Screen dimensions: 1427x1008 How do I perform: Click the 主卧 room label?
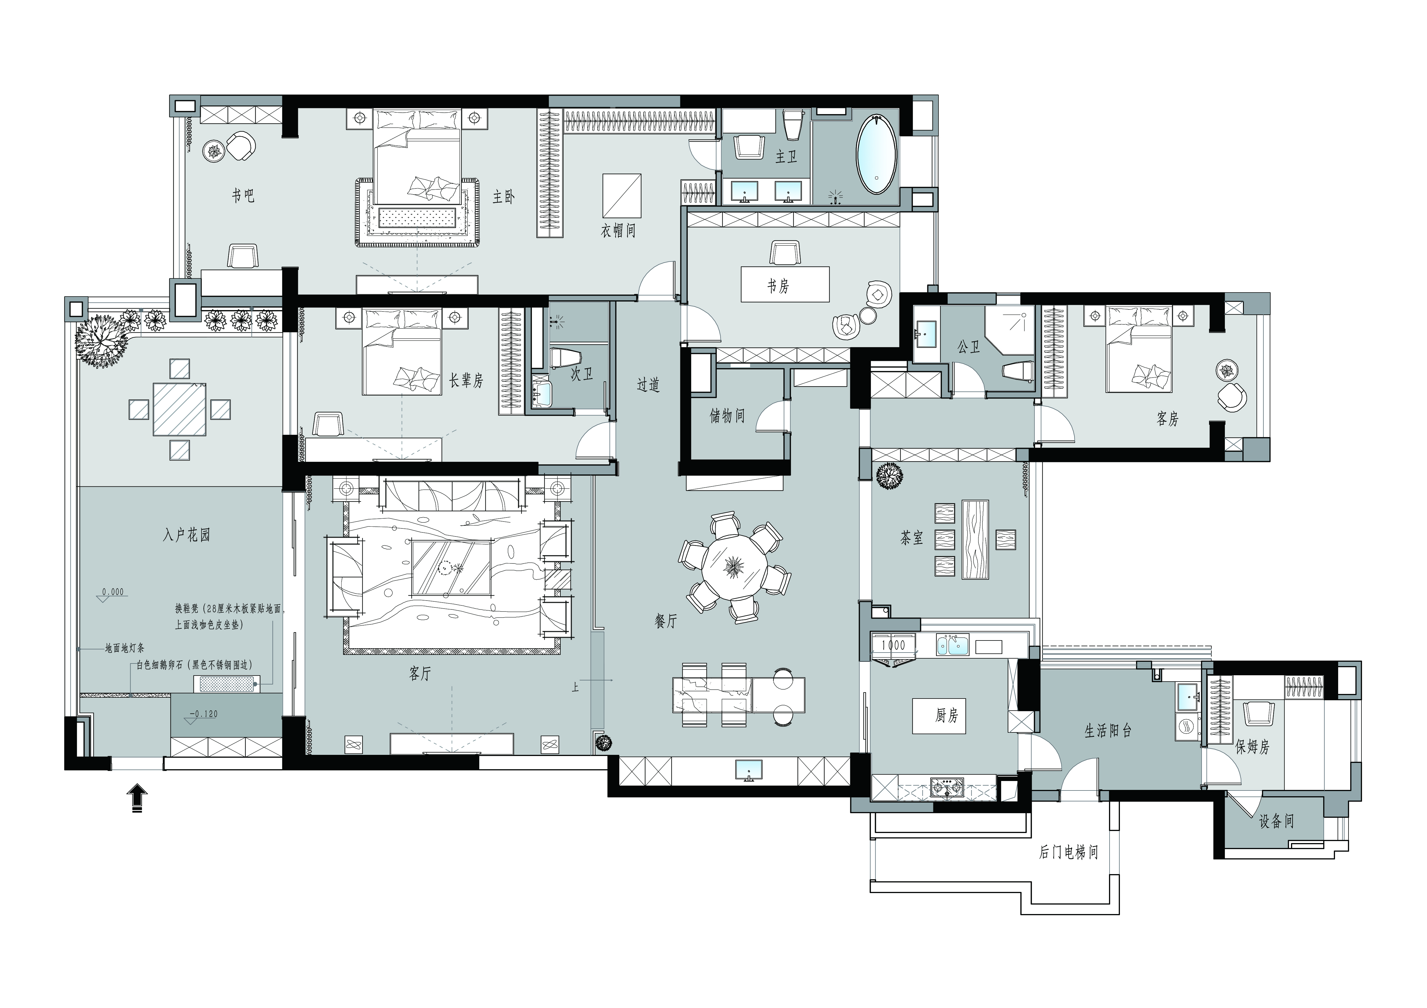pyautogui.click(x=503, y=197)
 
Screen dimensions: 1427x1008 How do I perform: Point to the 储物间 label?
pyautogui.click(x=727, y=415)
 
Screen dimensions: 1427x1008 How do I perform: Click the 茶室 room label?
pyautogui.click(x=912, y=538)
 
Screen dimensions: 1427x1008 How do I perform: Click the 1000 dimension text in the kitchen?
pyautogui.click(x=894, y=645)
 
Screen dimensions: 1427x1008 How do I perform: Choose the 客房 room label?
pyautogui.click(x=1167, y=419)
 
